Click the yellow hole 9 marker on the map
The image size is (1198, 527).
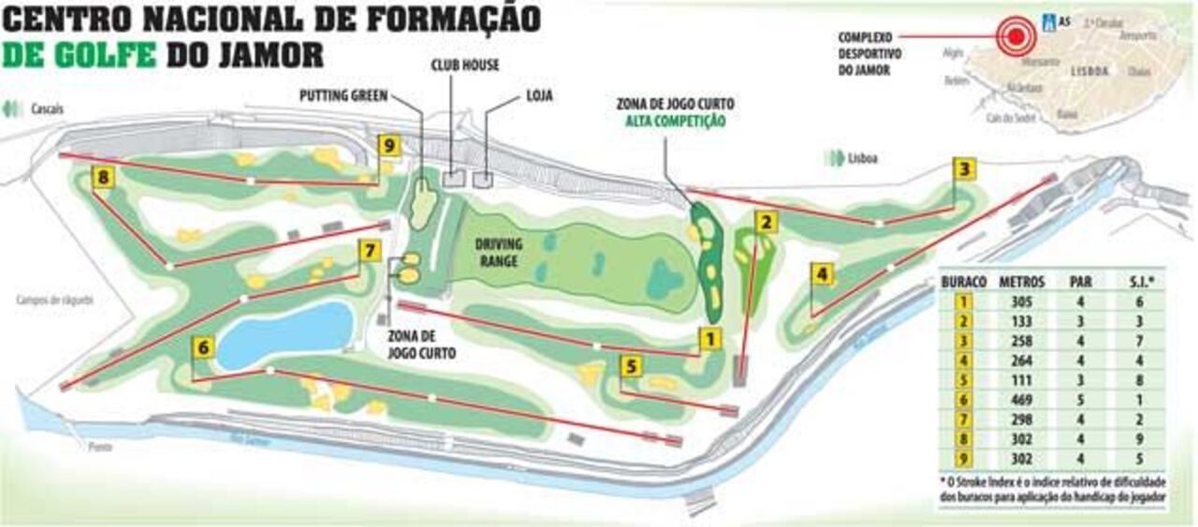click(x=389, y=145)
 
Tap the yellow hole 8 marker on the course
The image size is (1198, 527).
click(x=103, y=177)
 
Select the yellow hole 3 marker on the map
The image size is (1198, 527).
click(x=965, y=169)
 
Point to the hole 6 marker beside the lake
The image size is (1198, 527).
click(x=203, y=347)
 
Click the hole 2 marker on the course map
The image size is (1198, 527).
click(x=767, y=222)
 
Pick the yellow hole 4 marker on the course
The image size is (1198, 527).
click(x=821, y=274)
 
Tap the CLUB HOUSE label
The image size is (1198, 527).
click(x=464, y=66)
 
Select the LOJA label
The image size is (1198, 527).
click(x=539, y=95)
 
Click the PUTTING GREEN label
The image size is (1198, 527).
click(x=343, y=95)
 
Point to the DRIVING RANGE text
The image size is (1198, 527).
click(x=498, y=251)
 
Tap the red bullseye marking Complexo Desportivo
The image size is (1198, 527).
click(x=1014, y=37)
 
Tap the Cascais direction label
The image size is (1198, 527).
click(x=47, y=110)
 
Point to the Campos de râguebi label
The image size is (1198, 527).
click(x=55, y=300)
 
